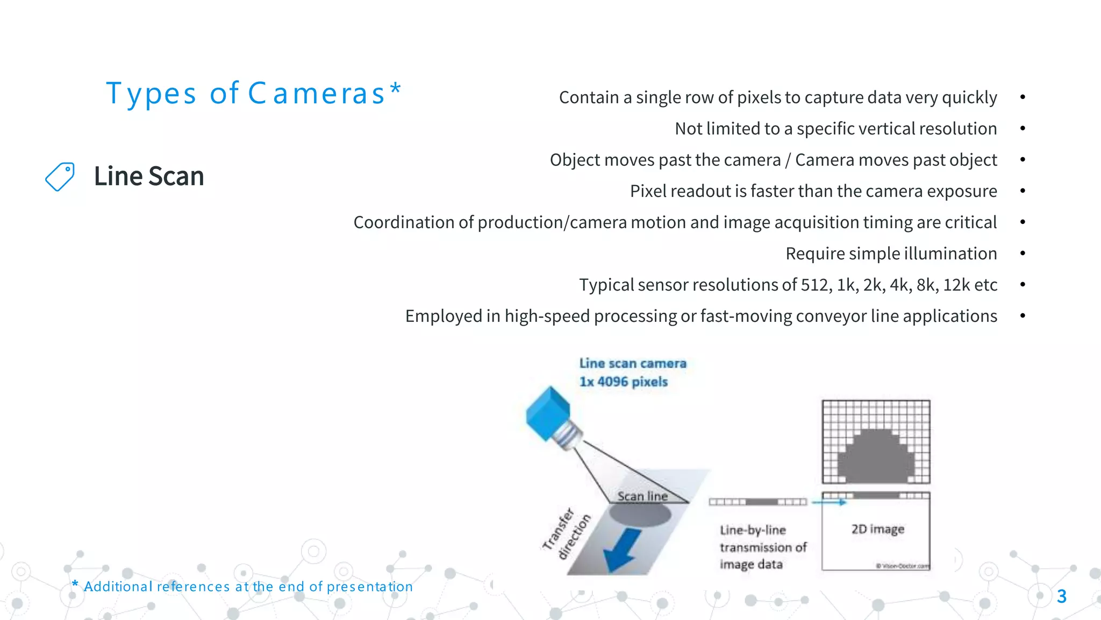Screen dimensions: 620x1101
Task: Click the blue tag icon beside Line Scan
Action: (x=60, y=177)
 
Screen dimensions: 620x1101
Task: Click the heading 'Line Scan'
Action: (x=149, y=177)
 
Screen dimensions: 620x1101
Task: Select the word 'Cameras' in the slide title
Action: (x=317, y=94)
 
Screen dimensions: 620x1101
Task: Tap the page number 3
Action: (x=1061, y=596)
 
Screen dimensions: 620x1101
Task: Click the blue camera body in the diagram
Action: (x=548, y=413)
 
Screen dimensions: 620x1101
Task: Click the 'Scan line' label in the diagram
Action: (x=642, y=496)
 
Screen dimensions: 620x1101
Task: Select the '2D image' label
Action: (x=877, y=529)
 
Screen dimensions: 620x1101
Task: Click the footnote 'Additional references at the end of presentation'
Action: (x=248, y=587)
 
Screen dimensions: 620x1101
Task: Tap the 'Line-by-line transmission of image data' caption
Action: (x=763, y=547)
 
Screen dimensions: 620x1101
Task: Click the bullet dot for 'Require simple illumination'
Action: (x=1023, y=253)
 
